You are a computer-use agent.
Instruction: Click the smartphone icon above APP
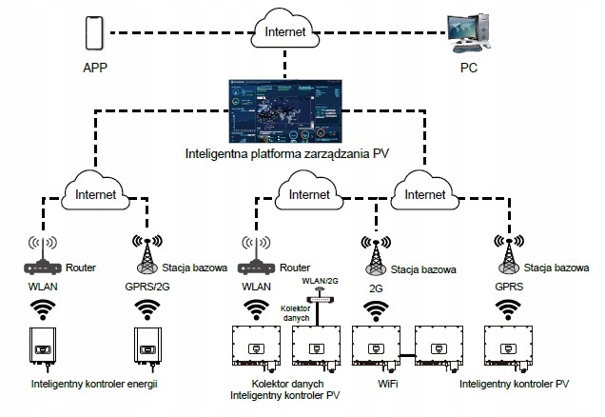point(93,34)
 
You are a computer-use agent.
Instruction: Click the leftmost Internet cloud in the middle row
point(95,194)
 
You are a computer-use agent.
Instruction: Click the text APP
point(94,69)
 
